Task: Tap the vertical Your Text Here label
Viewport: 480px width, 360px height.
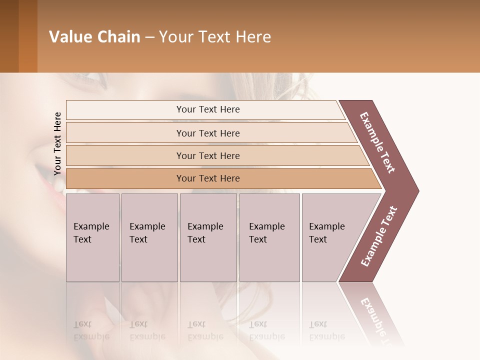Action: [57, 143]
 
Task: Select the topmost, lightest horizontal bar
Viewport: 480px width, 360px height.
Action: [207, 109]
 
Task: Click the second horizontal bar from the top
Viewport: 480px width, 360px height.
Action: [207, 133]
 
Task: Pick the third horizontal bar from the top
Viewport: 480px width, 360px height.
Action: [207, 155]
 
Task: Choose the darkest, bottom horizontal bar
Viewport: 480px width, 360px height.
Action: [207, 178]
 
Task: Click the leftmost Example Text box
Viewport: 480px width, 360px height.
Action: [92, 237]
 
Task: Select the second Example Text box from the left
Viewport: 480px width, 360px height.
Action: [149, 237]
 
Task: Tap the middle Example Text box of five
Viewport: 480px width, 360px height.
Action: [207, 237]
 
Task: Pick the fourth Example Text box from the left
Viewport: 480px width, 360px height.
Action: [269, 237]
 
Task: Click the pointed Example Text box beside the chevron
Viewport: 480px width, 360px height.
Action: [330, 237]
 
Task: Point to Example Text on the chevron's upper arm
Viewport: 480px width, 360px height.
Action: [378, 142]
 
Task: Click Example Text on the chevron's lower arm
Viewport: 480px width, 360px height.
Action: [379, 236]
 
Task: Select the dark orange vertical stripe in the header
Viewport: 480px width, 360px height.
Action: [27, 36]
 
